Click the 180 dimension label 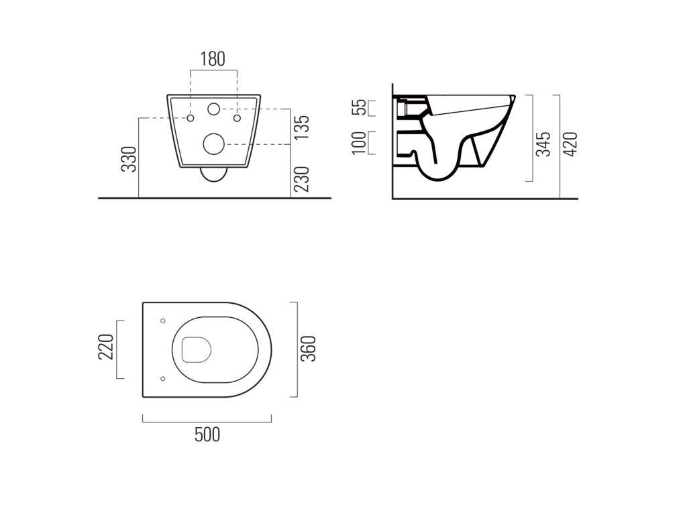[213, 59]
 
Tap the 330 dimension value [129, 159]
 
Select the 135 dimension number [301, 127]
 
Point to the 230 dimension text [301, 179]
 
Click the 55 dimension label [359, 107]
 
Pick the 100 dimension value [359, 143]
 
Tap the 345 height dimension [543, 144]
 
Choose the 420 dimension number [570, 144]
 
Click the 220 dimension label [105, 347]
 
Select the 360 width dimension [308, 349]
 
